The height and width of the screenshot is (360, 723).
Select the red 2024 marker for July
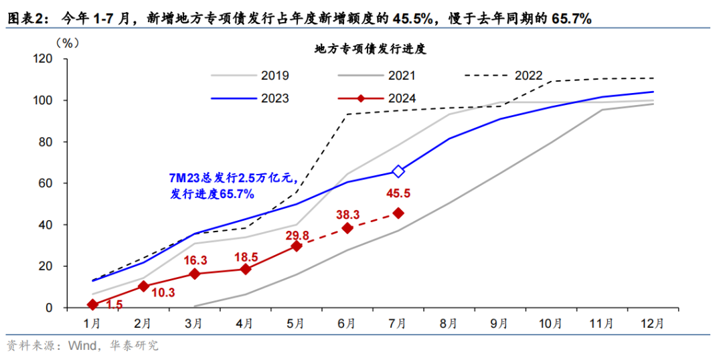coord(398,213)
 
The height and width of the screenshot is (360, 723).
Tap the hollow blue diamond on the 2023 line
coord(398,171)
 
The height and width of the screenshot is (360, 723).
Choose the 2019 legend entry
coord(274,76)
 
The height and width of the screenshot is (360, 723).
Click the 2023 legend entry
coord(274,98)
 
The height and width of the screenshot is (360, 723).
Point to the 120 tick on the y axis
coord(42,59)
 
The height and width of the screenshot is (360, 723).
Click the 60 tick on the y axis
coord(46,183)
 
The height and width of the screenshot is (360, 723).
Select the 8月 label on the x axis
coord(449,323)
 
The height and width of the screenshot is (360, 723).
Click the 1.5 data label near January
coord(114,304)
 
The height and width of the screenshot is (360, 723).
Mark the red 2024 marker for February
coord(143,286)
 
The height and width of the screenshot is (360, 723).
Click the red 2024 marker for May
coord(296,246)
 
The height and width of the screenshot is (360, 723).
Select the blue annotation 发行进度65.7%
coord(212,194)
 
